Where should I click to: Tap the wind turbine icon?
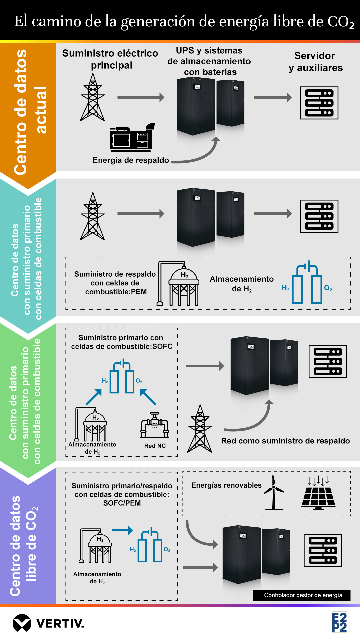coord(274,493)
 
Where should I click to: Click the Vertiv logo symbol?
coord(22,623)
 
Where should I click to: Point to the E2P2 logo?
coord(339,622)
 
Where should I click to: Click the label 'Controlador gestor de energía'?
coord(303,595)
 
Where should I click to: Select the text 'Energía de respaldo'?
coord(131,160)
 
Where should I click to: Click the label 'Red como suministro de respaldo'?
coord(285,441)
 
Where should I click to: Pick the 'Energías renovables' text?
coord(226,485)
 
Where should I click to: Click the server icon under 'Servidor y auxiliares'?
coord(319,103)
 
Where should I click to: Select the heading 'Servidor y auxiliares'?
coord(315,62)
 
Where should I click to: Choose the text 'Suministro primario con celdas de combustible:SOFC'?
coord(122,342)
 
